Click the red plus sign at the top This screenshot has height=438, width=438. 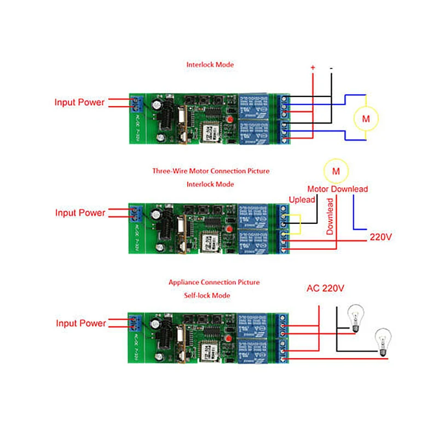point(313,67)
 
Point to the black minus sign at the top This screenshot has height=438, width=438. point(331,67)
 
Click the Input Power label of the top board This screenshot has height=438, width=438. point(79,102)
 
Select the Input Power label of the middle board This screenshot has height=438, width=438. point(80,213)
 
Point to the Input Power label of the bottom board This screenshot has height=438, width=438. point(81,324)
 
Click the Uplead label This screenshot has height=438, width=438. point(302,200)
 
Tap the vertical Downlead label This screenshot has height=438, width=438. point(330,216)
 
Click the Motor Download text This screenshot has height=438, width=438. point(337,189)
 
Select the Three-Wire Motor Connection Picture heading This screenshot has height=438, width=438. point(211,171)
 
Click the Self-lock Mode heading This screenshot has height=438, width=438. point(208,296)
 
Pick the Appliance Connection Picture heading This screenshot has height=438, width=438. point(214,283)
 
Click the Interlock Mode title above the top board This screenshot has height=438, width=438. point(210,65)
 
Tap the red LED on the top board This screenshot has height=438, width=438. point(230,119)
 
